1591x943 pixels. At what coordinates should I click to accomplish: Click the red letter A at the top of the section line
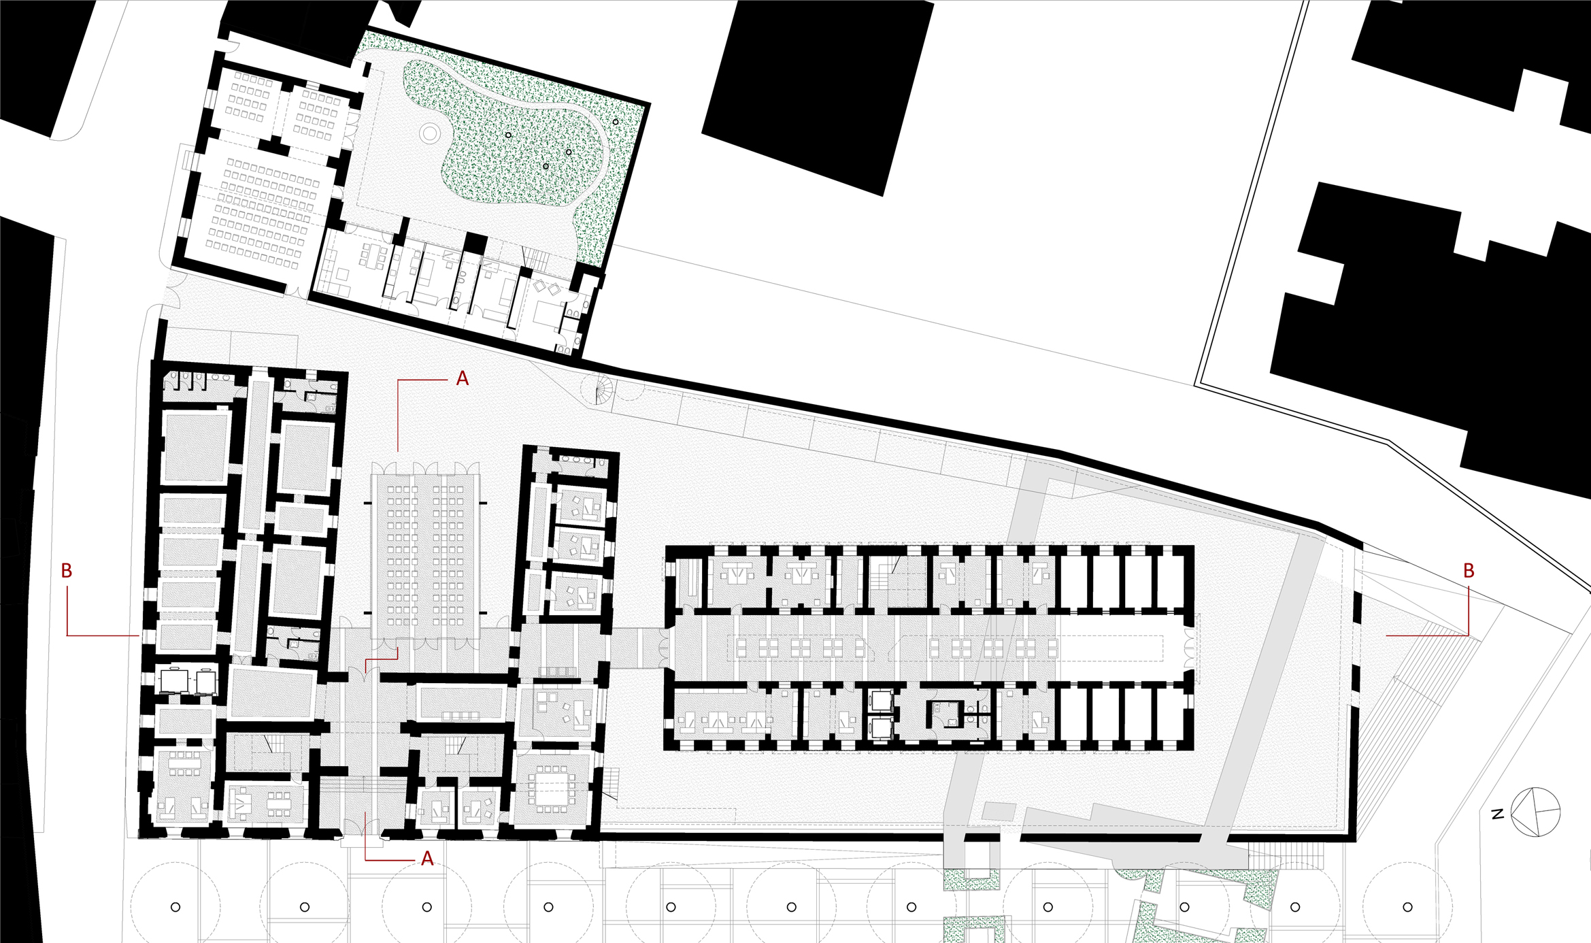coord(463,379)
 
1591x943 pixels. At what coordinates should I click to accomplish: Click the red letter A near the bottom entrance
coord(427,859)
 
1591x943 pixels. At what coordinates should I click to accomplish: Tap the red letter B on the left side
coord(67,571)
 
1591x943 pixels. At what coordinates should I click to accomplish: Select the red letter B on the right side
coord(1469,571)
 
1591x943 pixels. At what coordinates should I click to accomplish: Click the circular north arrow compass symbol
coord(1535,812)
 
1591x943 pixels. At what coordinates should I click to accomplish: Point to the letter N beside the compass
coord(1497,814)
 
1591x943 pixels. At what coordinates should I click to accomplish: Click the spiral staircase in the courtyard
coord(598,389)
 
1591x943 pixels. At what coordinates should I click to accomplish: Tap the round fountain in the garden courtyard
coord(430,133)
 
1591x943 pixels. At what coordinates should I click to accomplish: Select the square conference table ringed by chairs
coord(552,789)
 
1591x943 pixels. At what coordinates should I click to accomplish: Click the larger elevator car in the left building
coord(174,681)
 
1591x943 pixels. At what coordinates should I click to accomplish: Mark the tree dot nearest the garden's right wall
coord(616,122)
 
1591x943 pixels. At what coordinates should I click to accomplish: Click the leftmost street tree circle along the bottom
coord(175,907)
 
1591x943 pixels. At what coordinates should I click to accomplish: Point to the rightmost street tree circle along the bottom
coord(1407,907)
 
